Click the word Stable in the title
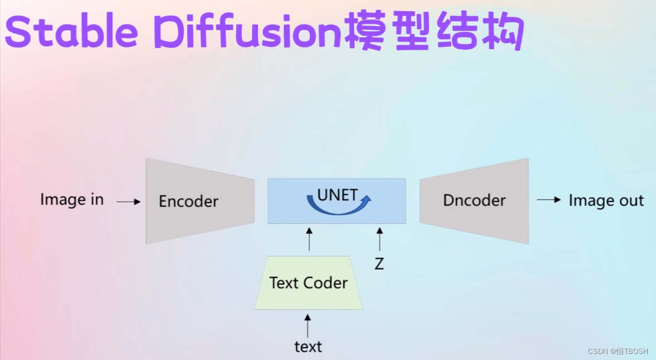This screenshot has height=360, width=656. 71,31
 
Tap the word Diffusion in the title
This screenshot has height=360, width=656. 249,31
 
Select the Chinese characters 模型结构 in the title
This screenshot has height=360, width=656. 434,31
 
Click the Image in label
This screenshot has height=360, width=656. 72,200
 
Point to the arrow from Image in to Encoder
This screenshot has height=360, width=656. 128,201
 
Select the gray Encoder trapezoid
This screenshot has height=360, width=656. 200,201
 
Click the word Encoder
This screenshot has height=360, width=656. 189,201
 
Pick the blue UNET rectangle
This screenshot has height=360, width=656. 337,201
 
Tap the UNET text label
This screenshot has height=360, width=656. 338,195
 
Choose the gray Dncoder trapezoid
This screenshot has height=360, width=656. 474,201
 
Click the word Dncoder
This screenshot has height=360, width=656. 475,200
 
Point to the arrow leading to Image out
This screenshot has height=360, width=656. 548,200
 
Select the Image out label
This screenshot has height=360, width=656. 606,201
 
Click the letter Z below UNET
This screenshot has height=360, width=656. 379,264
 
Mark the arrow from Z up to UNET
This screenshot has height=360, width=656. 380,239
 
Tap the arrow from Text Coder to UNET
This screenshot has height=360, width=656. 309,239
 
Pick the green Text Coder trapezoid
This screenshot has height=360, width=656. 308,283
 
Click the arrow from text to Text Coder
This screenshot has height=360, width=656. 308,326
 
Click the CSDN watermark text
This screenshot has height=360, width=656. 617,351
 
